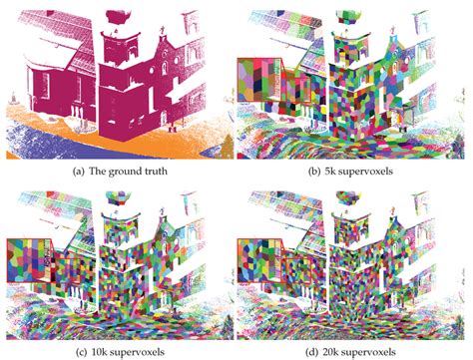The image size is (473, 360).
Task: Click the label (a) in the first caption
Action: [x=75, y=171]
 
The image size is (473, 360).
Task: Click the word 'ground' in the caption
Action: [x=123, y=171]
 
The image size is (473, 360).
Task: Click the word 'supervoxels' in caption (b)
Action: [x=367, y=171]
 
